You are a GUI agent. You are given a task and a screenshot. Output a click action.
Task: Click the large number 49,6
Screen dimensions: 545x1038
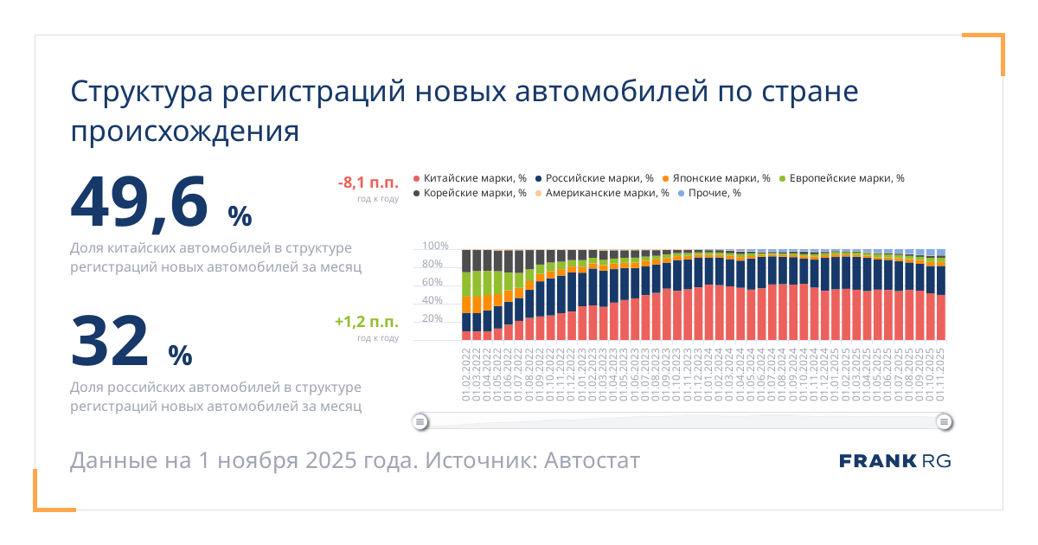[x=139, y=202]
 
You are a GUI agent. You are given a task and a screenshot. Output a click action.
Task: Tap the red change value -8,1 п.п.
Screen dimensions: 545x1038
[x=368, y=182]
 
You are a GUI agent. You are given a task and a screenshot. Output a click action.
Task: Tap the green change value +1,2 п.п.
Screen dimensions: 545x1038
[x=367, y=322]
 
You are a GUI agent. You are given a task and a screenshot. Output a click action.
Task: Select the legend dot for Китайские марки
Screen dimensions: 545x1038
[x=417, y=178]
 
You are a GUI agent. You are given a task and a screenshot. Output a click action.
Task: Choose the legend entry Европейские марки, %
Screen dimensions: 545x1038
[x=842, y=178]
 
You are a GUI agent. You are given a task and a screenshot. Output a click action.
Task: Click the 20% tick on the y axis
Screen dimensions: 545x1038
[x=433, y=319]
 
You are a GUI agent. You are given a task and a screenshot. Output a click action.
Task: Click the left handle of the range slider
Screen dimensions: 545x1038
[x=420, y=422]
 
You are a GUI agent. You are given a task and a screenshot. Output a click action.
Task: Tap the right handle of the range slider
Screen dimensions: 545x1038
[x=945, y=422]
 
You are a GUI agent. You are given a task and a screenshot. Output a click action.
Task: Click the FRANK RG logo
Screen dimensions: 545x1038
[x=894, y=460]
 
